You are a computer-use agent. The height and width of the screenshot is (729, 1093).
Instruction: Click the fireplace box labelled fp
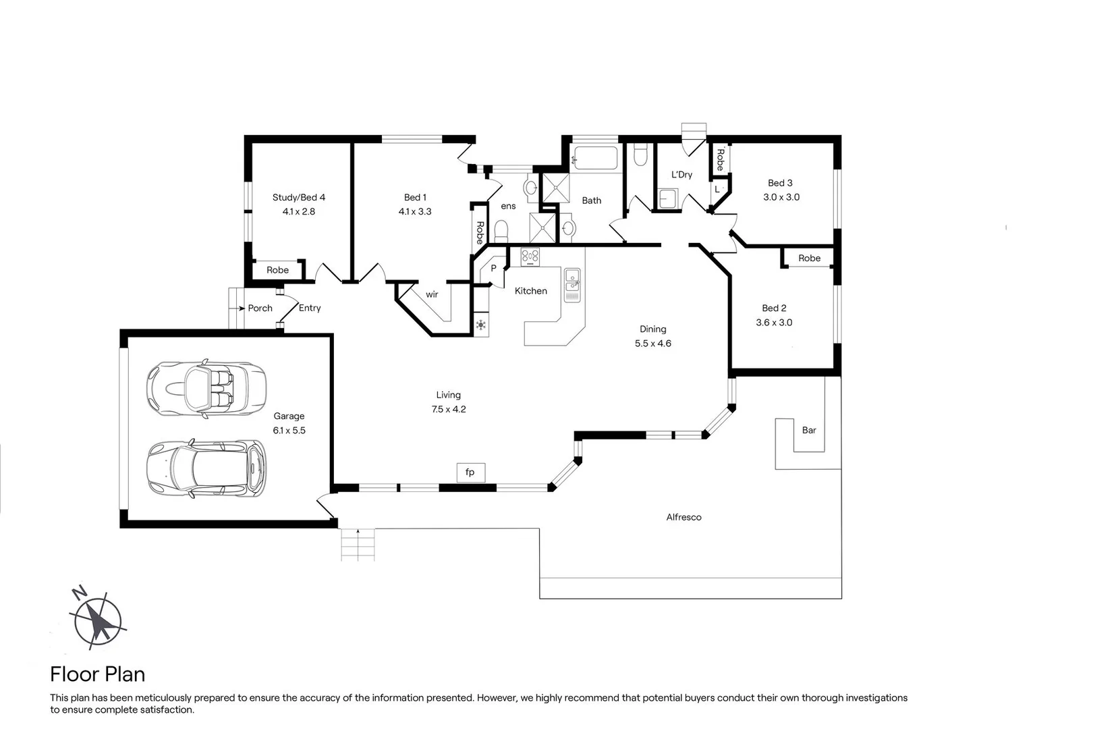click(471, 473)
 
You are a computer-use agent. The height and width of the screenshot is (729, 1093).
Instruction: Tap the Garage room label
click(289, 416)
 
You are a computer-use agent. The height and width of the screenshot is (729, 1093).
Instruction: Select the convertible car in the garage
click(206, 389)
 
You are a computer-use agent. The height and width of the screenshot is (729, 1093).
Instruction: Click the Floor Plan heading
click(98, 674)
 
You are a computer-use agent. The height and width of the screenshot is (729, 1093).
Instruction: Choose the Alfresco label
click(683, 517)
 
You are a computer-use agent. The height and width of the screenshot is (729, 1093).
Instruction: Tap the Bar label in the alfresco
click(808, 430)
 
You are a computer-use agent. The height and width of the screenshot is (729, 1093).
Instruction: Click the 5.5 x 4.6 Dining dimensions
click(653, 344)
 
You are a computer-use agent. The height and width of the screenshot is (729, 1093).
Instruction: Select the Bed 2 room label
click(774, 308)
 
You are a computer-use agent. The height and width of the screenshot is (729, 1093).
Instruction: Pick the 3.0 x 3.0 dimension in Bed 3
click(781, 197)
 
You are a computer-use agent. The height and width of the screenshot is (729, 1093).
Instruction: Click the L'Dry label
click(681, 174)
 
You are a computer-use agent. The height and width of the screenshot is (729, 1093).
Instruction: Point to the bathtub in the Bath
click(595, 158)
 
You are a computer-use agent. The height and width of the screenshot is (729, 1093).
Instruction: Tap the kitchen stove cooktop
click(530, 256)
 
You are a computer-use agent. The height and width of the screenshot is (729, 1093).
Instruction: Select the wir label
click(432, 294)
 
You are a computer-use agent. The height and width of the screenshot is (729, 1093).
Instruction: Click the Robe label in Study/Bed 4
click(277, 270)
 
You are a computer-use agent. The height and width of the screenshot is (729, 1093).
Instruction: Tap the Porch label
click(260, 308)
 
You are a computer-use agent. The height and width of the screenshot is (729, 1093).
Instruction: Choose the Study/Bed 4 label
click(299, 197)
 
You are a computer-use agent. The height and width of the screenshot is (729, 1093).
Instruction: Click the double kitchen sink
click(572, 285)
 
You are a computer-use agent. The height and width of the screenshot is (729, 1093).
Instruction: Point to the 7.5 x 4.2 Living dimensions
click(449, 409)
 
